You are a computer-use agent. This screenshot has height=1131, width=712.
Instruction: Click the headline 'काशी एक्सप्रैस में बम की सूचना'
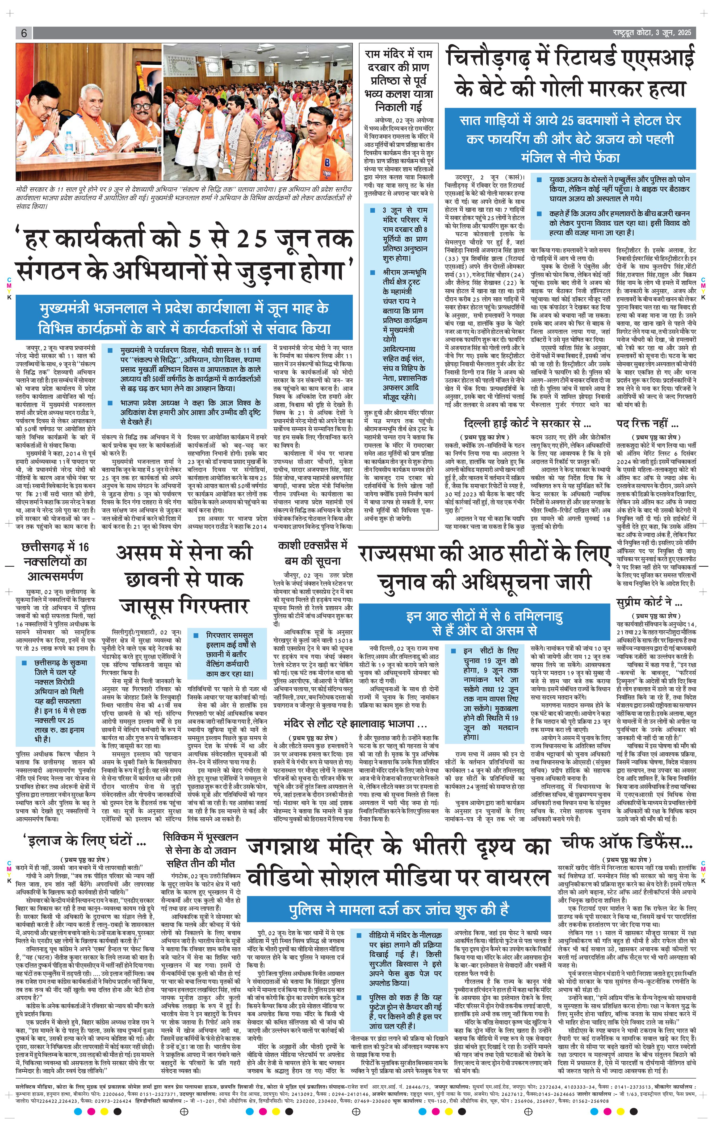[x=312, y=554]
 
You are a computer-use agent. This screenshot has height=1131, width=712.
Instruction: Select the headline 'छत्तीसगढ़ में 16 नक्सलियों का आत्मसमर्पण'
[x=55, y=561]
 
